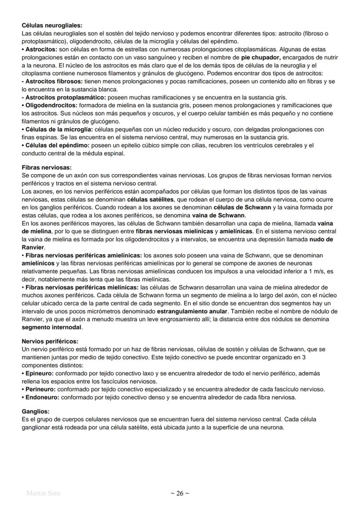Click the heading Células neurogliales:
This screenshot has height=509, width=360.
52,26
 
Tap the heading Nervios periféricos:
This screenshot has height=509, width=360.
50,341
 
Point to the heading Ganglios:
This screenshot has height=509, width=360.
36,411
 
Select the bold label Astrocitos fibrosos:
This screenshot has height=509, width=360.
53,81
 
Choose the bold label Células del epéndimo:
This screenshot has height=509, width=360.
56,145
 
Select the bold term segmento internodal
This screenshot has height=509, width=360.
51,327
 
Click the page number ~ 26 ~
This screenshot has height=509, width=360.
180,493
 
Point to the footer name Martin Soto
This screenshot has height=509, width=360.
43,493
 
